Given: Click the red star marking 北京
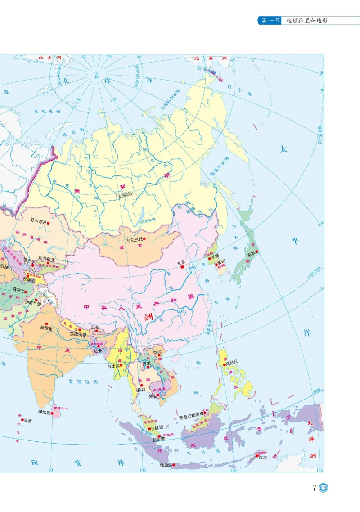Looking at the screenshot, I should click(183, 267).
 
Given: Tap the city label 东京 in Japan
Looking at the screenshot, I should click(250, 253).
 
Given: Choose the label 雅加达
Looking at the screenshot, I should click(166, 465).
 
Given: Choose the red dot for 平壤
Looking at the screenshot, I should click(211, 259).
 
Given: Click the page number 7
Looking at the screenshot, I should click(315, 488).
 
